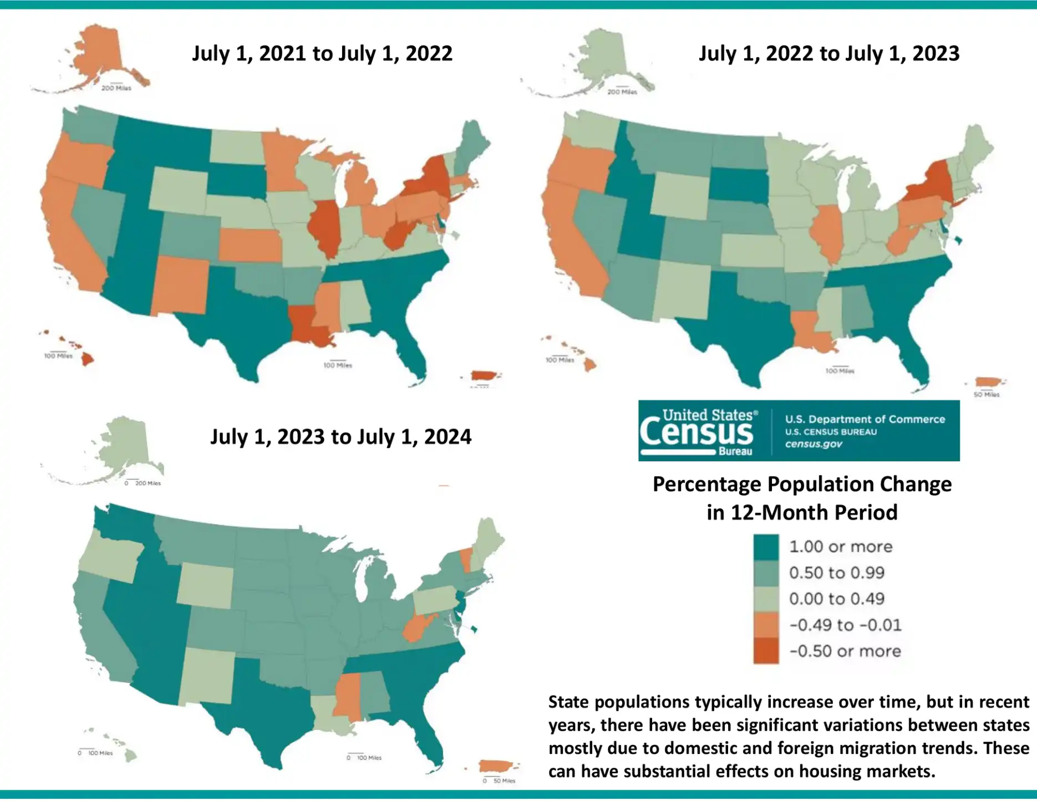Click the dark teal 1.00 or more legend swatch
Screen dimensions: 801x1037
pyautogui.click(x=766, y=547)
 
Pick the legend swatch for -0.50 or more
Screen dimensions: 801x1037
pyautogui.click(x=766, y=651)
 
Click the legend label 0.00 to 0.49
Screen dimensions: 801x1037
pyautogui.click(x=836, y=599)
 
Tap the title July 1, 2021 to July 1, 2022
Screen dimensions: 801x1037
pyautogui.click(x=322, y=54)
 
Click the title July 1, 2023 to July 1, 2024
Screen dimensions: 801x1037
pyautogui.click(x=340, y=437)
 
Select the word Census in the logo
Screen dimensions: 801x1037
pyautogui.click(x=697, y=434)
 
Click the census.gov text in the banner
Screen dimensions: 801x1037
pyautogui.click(x=814, y=444)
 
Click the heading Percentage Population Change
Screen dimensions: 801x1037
pyautogui.click(x=802, y=484)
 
